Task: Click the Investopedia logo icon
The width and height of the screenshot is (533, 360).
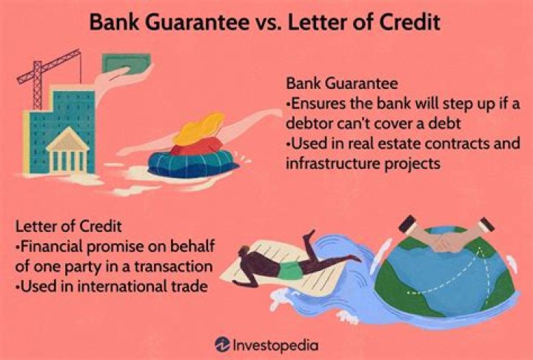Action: coord(222,344)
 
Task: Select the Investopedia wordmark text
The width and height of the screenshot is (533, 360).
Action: coord(276,344)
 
